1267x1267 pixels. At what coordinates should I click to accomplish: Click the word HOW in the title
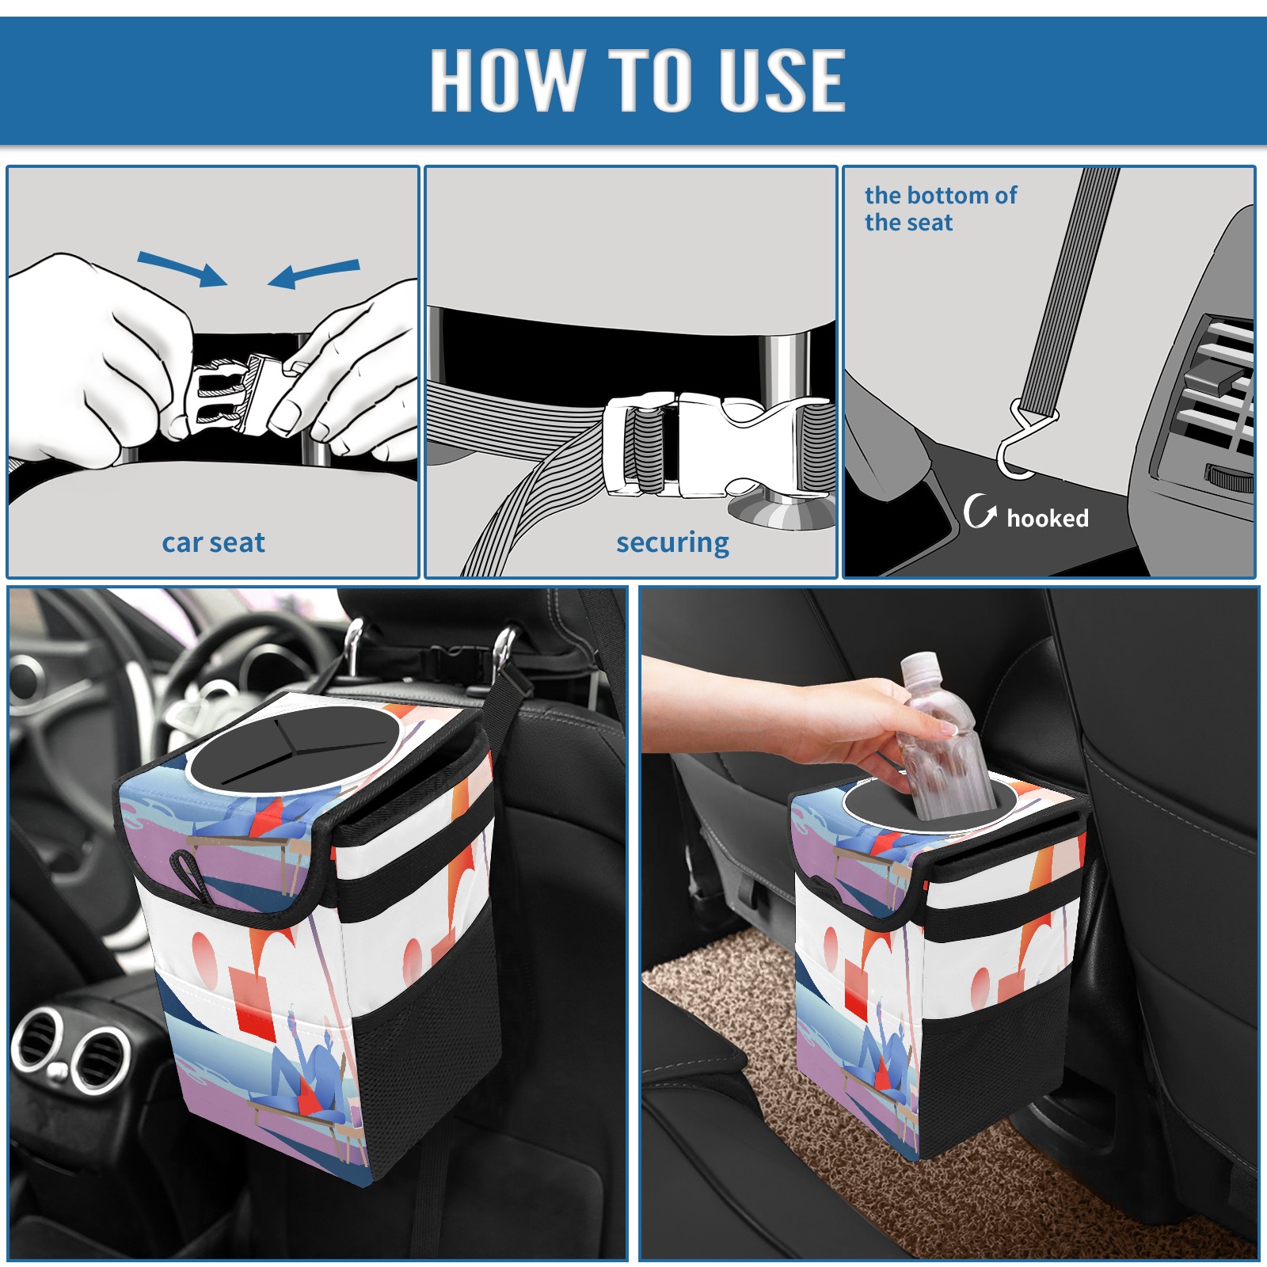point(506,79)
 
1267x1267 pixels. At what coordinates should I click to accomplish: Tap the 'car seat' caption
point(213,542)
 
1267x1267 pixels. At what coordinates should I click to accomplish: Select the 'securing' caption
point(672,543)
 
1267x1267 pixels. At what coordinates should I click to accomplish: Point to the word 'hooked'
point(1047,518)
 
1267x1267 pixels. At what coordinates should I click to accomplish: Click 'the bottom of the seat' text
point(940,208)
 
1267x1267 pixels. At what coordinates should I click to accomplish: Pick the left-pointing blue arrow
point(314,274)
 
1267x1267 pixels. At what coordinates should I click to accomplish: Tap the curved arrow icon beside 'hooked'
point(980,511)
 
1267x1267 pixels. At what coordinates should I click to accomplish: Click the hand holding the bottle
point(800,713)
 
